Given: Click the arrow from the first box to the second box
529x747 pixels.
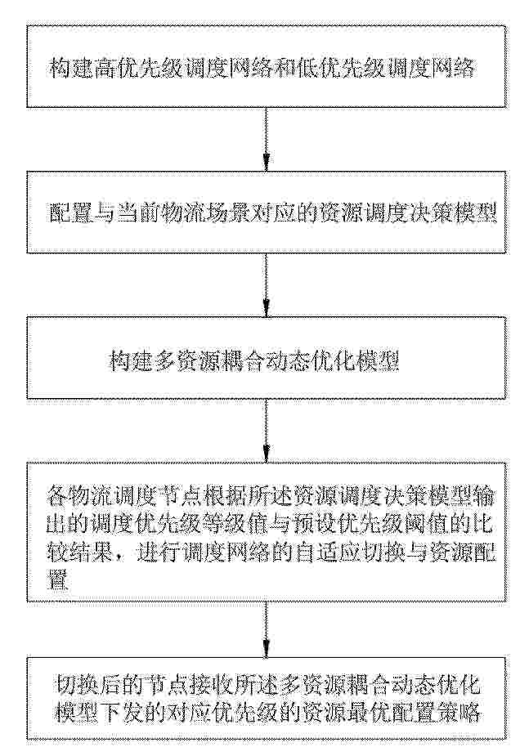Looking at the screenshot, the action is pyautogui.click(x=266, y=138).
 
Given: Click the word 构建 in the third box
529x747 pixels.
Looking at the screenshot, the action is pyautogui.click(x=131, y=361).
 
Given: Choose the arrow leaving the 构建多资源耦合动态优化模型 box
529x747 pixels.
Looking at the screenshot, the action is pyautogui.click(x=266, y=430).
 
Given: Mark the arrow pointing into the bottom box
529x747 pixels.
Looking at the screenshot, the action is pyautogui.click(x=266, y=628).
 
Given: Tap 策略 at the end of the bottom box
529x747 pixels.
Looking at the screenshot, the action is pyautogui.click(x=456, y=712).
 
